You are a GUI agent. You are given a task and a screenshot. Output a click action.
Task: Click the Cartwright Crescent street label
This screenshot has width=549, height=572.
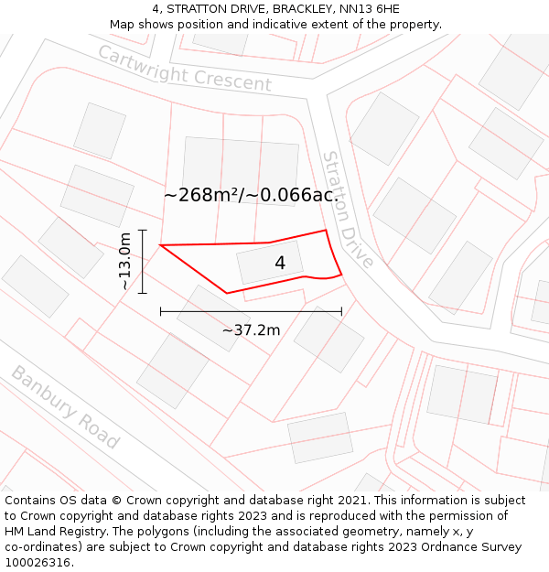[x=185, y=69]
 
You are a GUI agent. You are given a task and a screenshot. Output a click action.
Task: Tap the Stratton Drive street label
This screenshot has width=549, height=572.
[x=347, y=209]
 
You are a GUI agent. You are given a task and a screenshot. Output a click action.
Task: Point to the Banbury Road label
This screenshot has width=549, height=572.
[x=65, y=407]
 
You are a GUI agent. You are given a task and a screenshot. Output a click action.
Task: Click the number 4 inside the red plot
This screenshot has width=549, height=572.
[x=280, y=264]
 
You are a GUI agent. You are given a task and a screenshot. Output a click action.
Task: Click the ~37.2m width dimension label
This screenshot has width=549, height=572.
[x=251, y=330]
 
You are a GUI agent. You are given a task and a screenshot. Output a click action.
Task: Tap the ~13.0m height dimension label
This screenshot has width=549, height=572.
[x=125, y=262]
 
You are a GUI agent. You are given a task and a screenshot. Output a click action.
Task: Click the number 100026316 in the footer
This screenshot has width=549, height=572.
[x=36, y=563]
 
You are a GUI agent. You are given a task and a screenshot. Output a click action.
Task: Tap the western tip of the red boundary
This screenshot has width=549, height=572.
[x=161, y=245]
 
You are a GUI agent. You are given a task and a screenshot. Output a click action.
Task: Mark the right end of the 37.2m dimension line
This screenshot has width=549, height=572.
[x=341, y=311]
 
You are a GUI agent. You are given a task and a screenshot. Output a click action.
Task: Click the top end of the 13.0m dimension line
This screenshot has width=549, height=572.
[x=143, y=231]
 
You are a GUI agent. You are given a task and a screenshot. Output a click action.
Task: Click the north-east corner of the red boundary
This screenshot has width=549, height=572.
[x=326, y=231]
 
